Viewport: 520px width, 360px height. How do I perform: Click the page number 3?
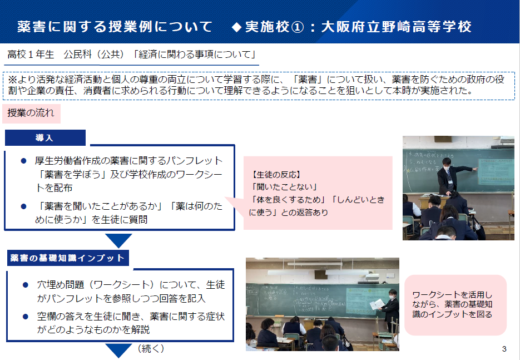click(x=504, y=349)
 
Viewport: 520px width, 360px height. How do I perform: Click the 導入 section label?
click(x=45, y=137)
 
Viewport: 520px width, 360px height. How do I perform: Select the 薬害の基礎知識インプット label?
click(x=68, y=258)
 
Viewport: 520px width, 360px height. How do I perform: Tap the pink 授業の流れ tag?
click(x=31, y=113)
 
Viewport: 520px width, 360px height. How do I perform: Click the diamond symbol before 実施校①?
click(x=236, y=27)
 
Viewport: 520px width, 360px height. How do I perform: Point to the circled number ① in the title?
click(x=297, y=27)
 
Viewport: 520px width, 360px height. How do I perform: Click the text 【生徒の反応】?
click(x=276, y=175)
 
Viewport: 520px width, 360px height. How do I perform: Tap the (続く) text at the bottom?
click(x=151, y=348)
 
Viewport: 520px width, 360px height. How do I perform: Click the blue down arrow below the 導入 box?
click(x=118, y=240)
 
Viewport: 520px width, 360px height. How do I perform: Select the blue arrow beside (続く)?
click(x=118, y=351)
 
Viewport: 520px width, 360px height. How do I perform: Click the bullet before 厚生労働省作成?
click(x=23, y=161)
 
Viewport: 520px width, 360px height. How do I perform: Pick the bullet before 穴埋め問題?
click(x=26, y=285)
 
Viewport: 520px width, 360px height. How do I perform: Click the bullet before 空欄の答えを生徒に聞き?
click(x=26, y=317)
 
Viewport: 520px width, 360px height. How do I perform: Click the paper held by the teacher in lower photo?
click(x=377, y=304)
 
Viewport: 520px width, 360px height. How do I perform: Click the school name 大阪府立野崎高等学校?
click(x=397, y=27)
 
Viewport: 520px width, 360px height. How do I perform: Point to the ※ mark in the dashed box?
click(x=12, y=80)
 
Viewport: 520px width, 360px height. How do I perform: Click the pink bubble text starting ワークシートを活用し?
click(x=452, y=304)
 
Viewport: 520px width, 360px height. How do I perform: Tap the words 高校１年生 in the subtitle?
click(x=31, y=55)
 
